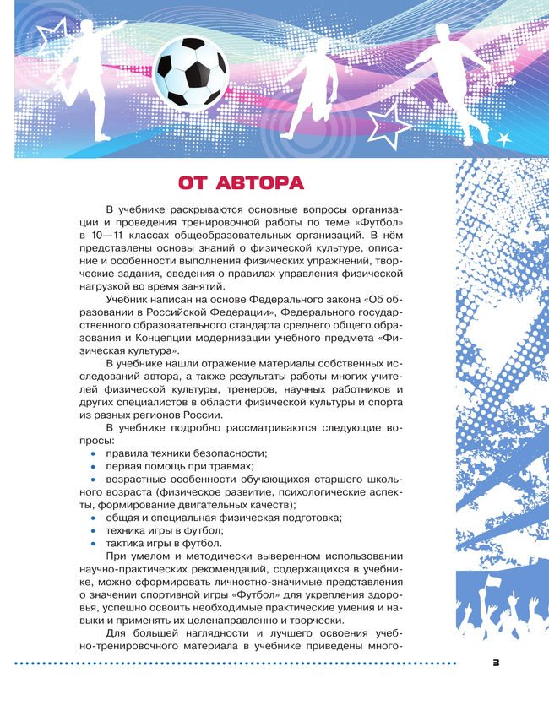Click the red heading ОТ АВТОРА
click(x=242, y=183)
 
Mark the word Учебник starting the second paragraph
click(x=130, y=300)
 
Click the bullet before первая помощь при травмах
click(x=93, y=466)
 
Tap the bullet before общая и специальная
click(x=93, y=518)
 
